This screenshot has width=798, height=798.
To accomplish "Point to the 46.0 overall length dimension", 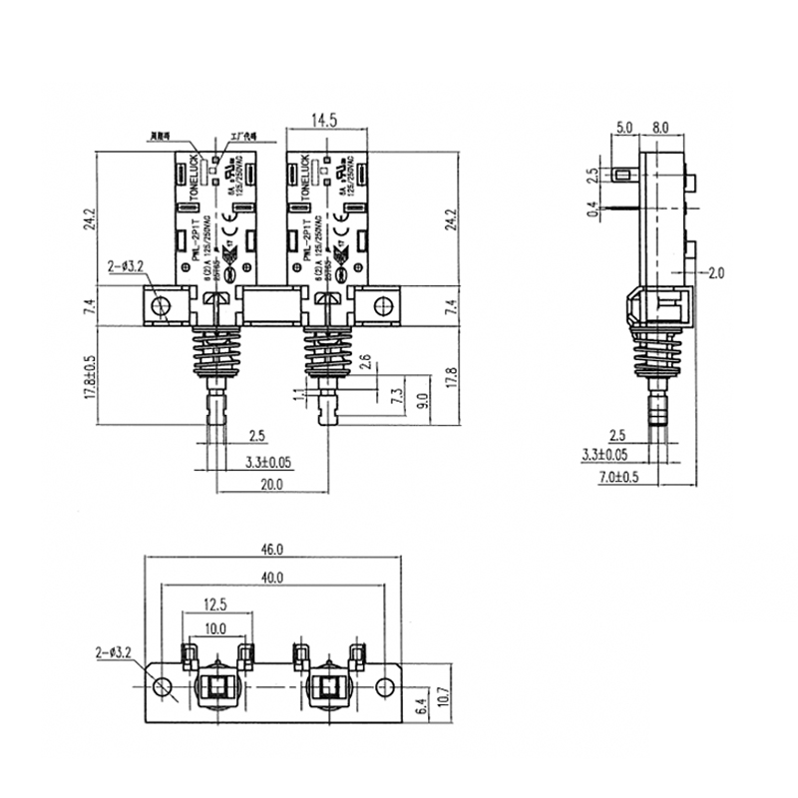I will coord(272,549).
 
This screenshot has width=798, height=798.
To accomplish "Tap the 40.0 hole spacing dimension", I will coord(272,578).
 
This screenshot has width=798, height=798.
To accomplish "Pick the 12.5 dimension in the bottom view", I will coord(215,604).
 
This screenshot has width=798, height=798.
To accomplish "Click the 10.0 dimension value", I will coord(215,628).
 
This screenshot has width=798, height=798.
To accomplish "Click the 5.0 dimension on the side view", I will coord(624,127).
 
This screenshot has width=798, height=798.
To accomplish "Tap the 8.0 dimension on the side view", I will coord(660,127).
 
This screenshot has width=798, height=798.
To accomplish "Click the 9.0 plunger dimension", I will coord(422,402).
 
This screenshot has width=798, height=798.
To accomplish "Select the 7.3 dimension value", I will coord(397,396).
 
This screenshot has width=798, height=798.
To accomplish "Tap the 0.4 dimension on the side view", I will coord(593,209).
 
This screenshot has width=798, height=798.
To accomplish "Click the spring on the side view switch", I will coord(655,353).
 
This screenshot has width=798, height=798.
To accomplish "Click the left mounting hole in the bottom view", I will coord(162,685).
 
